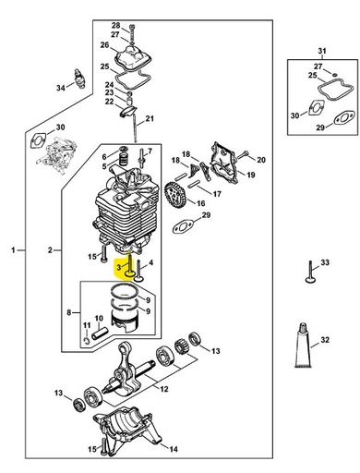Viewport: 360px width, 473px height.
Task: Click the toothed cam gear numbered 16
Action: (175, 198)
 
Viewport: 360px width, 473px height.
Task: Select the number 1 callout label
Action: (12, 250)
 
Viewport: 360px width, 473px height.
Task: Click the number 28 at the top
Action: (115, 25)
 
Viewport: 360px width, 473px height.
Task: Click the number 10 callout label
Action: (99, 319)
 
